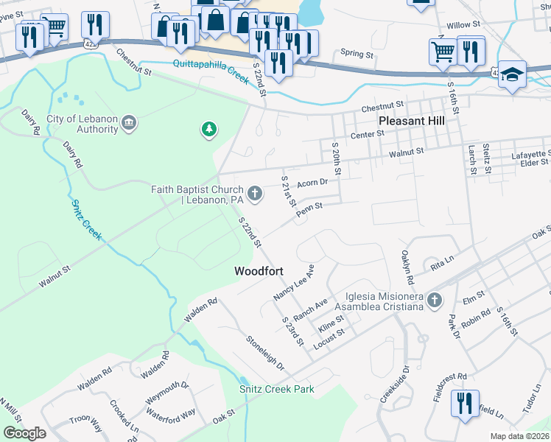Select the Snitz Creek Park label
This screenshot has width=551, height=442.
click(276, 389)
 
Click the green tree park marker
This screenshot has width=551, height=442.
click(210, 130)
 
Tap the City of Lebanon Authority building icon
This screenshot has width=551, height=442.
click(129, 122)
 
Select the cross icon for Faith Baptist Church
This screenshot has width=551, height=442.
click(255, 194)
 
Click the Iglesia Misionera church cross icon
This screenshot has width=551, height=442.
click(435, 300)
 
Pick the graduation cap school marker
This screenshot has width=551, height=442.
click(512, 75)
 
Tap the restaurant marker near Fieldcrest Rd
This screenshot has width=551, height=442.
click(466, 404)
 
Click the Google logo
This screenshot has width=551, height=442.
click(24, 433)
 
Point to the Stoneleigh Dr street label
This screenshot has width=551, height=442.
click(265, 354)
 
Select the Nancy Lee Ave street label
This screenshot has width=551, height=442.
click(293, 281)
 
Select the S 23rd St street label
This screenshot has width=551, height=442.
click(293, 331)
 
